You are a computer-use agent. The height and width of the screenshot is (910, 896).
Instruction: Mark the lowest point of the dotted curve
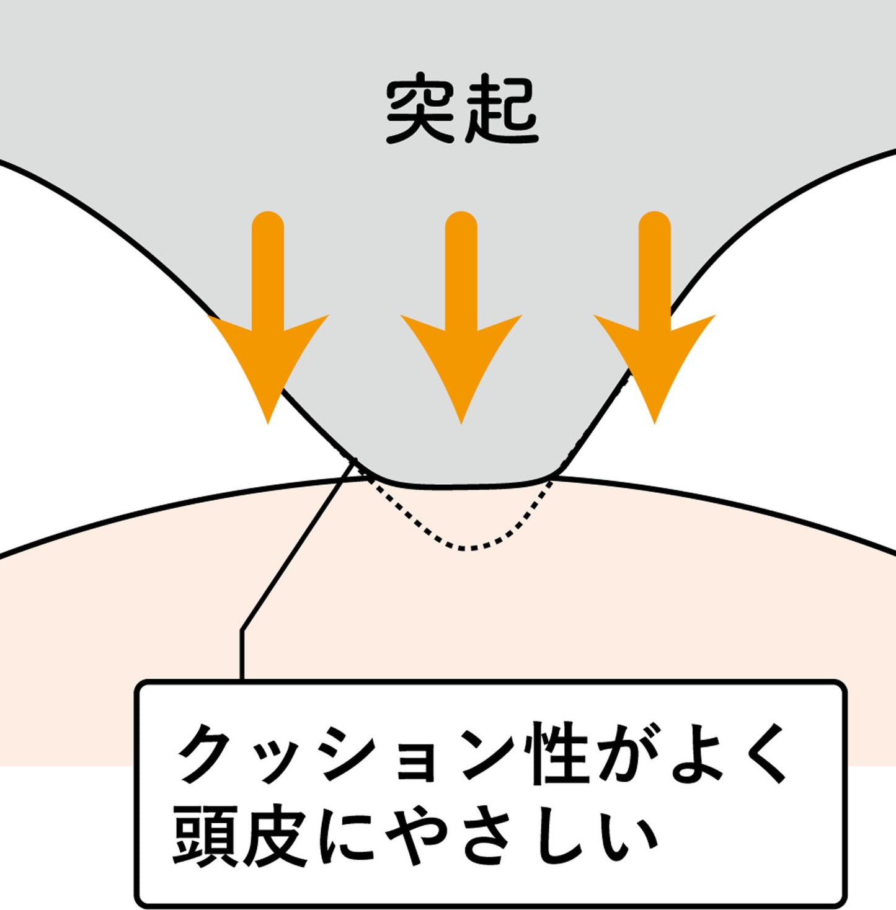click(462, 549)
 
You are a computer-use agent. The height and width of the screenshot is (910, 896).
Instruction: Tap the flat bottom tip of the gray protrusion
click(461, 484)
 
